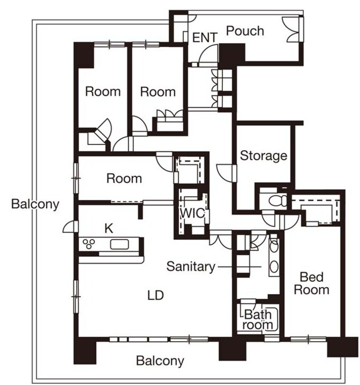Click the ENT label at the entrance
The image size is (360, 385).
tap(205, 38)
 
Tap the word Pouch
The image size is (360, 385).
tap(245, 31)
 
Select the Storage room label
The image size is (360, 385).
tap(264, 155)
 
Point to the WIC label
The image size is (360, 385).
tap(193, 213)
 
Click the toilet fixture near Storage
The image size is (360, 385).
tap(278, 200)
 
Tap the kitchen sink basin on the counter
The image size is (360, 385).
tap(120, 244)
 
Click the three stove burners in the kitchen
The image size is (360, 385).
tap(89, 244)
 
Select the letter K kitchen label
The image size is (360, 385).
tap(109, 228)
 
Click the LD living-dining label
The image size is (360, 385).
tap(156, 295)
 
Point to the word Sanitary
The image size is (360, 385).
tap(191, 267)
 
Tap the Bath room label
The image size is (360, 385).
tap(258, 319)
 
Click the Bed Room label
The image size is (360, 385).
tap(312, 283)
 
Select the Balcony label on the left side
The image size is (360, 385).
tap(35, 204)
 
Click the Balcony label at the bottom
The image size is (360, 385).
tap(160, 361)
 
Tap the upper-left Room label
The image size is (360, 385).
tap(103, 91)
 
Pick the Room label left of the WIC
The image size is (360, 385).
tap(124, 179)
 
